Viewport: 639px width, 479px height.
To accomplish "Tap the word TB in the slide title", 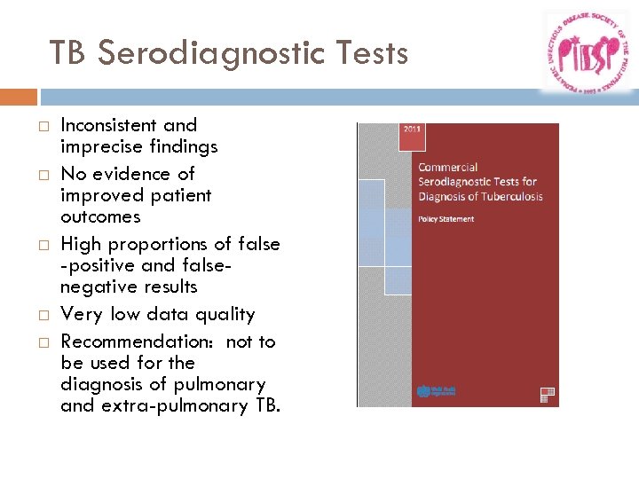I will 69,54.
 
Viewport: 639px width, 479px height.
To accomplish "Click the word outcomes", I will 100,216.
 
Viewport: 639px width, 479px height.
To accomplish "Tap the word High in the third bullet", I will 80,244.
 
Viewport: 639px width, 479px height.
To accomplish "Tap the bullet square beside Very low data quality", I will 41,315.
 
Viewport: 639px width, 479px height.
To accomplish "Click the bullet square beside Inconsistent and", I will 41,126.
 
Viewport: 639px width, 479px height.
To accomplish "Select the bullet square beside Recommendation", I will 41,342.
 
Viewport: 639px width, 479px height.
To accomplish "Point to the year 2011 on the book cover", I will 414,130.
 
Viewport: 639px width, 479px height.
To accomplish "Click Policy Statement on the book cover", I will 446,218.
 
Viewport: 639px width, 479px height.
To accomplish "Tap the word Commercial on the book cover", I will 448,167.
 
